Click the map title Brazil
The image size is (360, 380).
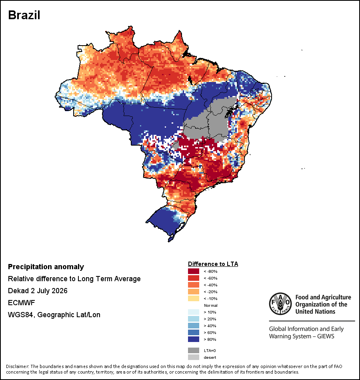tap(24, 15)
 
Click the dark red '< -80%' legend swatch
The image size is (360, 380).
tap(194, 271)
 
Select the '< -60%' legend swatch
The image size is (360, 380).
tap(194, 278)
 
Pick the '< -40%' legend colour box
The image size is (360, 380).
tap(194, 285)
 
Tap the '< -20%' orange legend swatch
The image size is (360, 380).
tap(194, 292)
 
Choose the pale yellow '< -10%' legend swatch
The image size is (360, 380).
tap(194, 298)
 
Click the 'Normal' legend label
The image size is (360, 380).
tap(211, 305)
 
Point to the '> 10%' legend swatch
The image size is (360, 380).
tap(194, 312)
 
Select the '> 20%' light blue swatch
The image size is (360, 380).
tap(194, 319)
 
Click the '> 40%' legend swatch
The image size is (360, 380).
tap(194, 326)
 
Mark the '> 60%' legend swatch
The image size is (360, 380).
tap(194, 332)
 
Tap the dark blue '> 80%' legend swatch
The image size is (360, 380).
tap(194, 339)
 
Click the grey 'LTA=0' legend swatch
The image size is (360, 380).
tap(194, 350)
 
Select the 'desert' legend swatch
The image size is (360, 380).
tap(194, 357)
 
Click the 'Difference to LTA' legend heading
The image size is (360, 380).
tap(213, 264)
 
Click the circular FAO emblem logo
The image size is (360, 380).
tap(280, 304)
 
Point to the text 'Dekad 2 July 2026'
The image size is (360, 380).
tap(38, 290)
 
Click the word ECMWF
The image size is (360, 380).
tap(21, 303)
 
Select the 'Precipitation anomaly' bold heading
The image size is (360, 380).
tap(46, 267)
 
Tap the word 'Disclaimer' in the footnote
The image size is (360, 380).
tap(17, 366)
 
